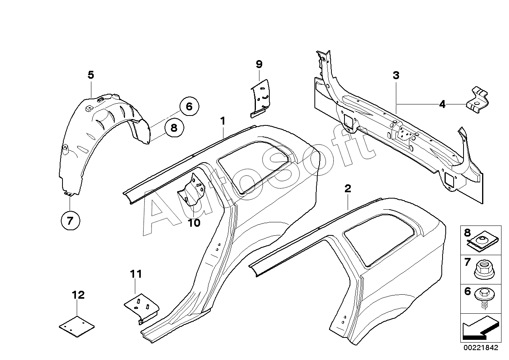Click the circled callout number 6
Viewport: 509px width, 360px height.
pos(189,106)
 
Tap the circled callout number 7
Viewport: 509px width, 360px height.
pos(70,220)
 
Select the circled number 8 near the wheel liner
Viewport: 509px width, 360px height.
pos(174,127)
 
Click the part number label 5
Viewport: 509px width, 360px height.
pos(91,75)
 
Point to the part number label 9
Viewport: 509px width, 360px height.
pos(259,64)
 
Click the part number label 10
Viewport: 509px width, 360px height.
pos(194,223)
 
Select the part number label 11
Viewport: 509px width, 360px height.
pos(136,274)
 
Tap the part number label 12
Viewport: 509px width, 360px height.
pos(78,295)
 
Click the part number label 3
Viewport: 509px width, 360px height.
pos(396,75)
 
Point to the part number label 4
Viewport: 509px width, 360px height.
pos(442,104)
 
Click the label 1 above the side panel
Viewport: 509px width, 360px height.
pos(223,121)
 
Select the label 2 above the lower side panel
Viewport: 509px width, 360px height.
pos(348,188)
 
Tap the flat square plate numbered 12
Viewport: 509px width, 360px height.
pos(77,327)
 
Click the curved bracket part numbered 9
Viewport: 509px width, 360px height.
pos(261,99)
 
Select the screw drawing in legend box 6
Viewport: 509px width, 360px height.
pos(484,299)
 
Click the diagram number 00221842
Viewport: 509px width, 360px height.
pos(481,347)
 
